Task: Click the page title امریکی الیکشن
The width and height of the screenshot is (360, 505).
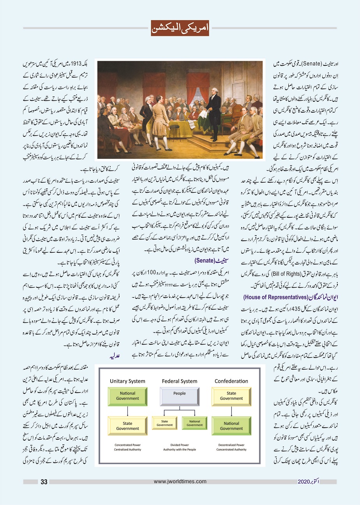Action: pyautogui.click(x=180, y=28)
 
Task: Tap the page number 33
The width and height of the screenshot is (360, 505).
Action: pyautogui.click(x=44, y=482)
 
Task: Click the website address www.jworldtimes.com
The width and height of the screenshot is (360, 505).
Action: pyautogui.click(x=179, y=482)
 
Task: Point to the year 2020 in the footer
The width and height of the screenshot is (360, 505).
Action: pyautogui.click(x=304, y=482)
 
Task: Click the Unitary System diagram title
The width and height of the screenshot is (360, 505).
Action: pyautogui.click(x=127, y=381)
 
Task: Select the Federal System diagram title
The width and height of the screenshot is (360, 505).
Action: pyautogui.click(x=180, y=381)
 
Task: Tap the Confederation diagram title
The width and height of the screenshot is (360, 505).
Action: pyautogui.click(x=231, y=381)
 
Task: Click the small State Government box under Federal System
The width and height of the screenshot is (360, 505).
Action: pyautogui.click(x=164, y=423)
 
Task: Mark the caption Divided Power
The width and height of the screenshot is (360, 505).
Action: pyautogui.click(x=180, y=445)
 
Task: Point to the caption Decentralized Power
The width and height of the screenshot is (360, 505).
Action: pyautogui.click(x=231, y=445)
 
